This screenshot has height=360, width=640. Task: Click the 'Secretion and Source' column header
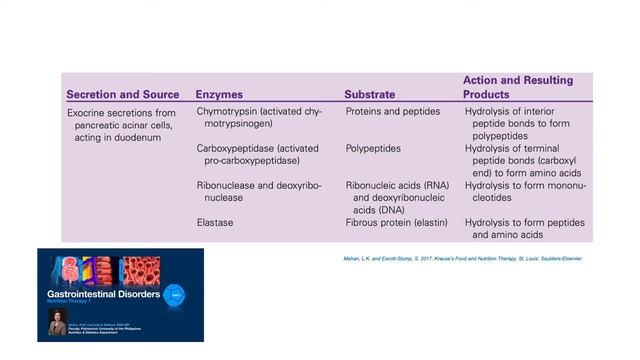[x=122, y=94]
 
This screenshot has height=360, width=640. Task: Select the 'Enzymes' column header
[x=219, y=94]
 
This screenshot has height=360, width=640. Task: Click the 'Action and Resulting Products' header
[x=517, y=87]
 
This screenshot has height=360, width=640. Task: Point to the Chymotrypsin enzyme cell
[x=258, y=117]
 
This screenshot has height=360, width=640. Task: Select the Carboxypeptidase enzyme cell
[x=257, y=154]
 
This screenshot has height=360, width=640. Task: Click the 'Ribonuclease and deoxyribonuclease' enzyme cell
[x=258, y=191]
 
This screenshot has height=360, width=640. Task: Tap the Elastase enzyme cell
[x=215, y=222]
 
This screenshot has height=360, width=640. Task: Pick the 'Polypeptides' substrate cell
[x=374, y=148]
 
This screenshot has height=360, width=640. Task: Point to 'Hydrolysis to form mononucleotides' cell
[x=524, y=191]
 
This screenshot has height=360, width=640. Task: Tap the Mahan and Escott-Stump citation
[x=463, y=259]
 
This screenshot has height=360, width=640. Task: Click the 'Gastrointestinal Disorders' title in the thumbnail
[x=103, y=296]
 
